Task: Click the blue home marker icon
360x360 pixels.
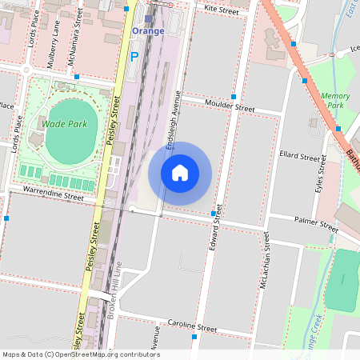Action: coord(180,172)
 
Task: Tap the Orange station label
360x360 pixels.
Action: coord(148,31)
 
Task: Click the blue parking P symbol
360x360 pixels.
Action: coord(134,57)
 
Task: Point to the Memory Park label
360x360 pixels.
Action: coord(335,100)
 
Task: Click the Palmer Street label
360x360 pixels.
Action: coord(316,223)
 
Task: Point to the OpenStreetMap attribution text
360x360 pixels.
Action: coord(80,354)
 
